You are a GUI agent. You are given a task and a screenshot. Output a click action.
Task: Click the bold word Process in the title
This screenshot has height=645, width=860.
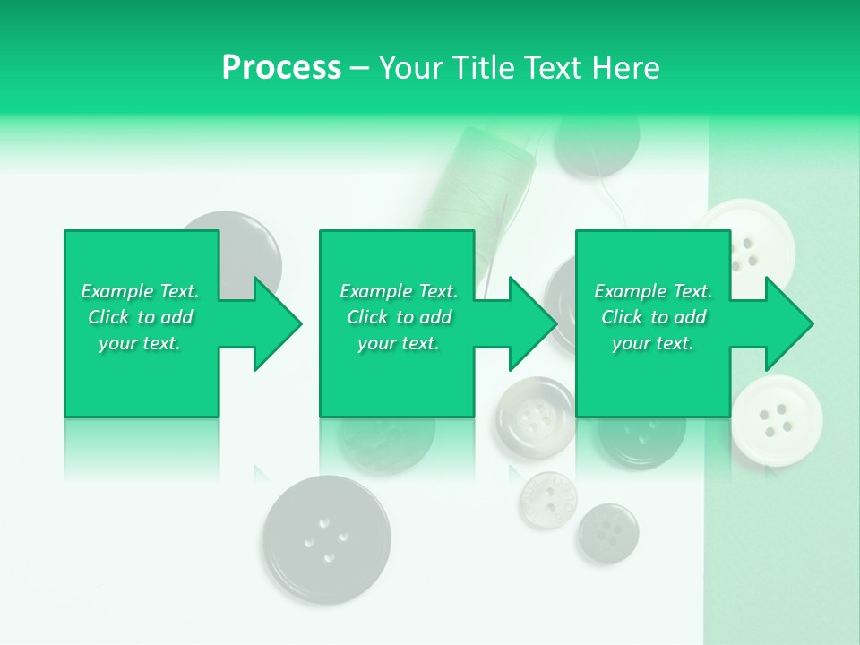[x=281, y=68]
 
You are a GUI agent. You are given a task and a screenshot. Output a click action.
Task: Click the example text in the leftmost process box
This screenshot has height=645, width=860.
[x=140, y=317]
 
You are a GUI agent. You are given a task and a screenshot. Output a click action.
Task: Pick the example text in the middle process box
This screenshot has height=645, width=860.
[x=398, y=317]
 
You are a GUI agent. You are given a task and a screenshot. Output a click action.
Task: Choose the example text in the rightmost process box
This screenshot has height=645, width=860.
[x=653, y=317]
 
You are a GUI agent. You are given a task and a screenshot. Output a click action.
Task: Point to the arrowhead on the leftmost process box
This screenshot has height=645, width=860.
[x=277, y=324]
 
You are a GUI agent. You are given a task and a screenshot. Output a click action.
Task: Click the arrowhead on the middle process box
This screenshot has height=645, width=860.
[x=532, y=324]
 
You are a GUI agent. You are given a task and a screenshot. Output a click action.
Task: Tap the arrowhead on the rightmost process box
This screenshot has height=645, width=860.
[x=788, y=324]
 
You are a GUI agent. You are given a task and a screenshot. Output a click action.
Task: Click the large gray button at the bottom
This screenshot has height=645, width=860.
[x=327, y=539]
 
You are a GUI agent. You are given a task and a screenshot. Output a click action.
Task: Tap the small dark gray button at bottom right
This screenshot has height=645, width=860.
[x=608, y=534]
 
